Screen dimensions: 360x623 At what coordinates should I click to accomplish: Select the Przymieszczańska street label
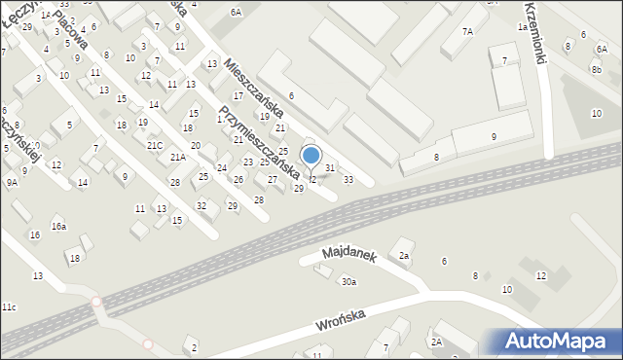tap(257, 142)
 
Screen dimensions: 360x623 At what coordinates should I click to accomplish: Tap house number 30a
tap(348, 282)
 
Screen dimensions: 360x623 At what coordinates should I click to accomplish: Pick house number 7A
tap(467, 32)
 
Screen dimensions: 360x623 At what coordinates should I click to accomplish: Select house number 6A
tap(236, 12)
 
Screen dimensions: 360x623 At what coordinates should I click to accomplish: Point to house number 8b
tap(596, 70)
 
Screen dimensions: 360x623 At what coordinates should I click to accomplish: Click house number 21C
tap(155, 145)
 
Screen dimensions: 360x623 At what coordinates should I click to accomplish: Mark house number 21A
tap(178, 157)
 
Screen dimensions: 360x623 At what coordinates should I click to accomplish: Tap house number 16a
tap(59, 227)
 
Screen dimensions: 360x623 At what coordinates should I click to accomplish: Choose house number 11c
tap(8, 307)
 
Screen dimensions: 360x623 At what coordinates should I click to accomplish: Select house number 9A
tap(12, 182)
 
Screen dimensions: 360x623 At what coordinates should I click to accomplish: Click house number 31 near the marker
tap(330, 168)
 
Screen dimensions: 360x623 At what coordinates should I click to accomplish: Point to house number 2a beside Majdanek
tap(404, 256)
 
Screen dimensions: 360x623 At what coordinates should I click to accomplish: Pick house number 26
tap(238, 180)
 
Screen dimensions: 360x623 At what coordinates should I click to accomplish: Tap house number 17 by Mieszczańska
tap(238, 96)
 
